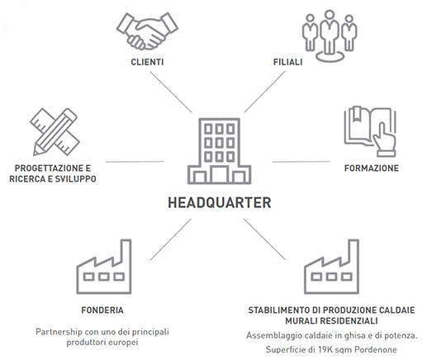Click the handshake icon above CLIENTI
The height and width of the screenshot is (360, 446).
(147, 31)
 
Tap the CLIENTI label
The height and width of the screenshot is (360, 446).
(147, 62)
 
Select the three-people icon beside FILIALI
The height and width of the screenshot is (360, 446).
(330, 36)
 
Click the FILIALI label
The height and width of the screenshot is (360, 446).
(287, 62)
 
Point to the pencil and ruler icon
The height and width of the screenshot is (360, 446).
(55, 131)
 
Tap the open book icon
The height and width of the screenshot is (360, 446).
(370, 131)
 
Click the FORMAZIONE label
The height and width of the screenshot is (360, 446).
(372, 168)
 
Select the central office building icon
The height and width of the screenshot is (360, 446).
(220, 151)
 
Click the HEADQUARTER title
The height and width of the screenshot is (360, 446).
(220, 203)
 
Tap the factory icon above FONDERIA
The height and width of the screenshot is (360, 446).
(104, 267)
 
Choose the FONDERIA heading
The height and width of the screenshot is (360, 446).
(102, 310)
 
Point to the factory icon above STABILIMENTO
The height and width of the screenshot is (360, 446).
(332, 267)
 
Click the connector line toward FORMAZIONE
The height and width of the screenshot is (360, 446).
(301, 162)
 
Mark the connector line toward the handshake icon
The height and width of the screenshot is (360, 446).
(171, 92)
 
